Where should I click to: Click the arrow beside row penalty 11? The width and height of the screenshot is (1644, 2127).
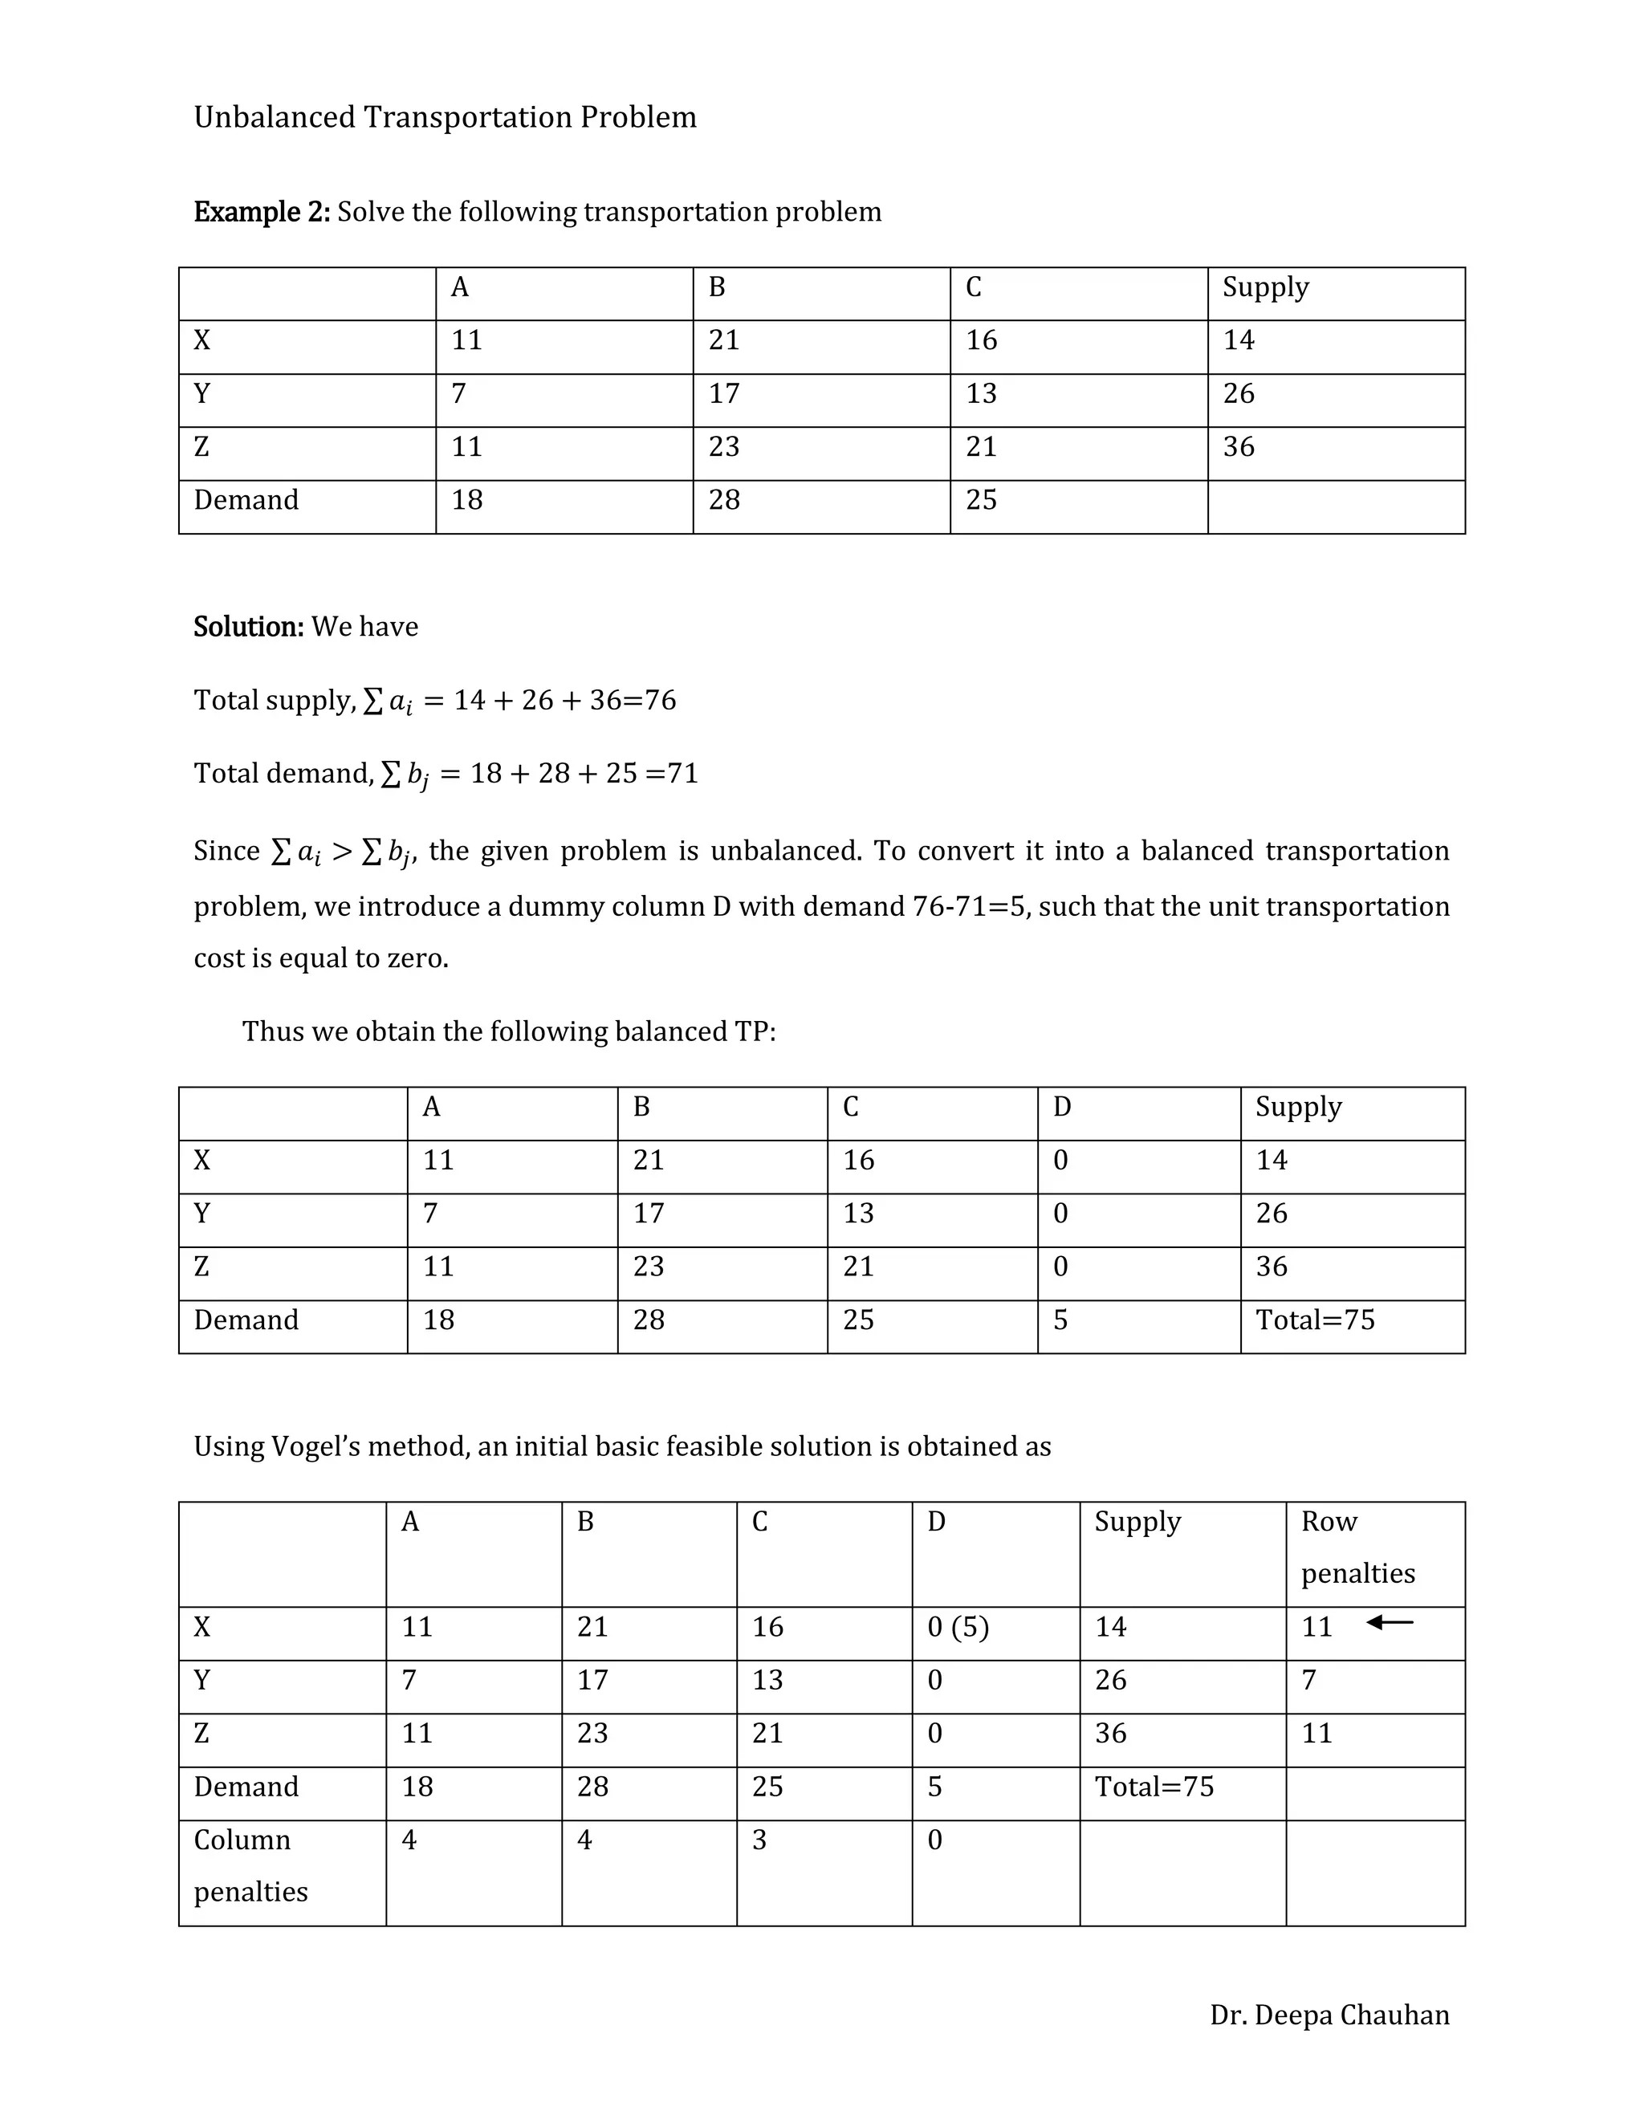pyautogui.click(x=1389, y=1622)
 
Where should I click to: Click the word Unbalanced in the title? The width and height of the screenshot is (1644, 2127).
pyautogui.click(x=275, y=117)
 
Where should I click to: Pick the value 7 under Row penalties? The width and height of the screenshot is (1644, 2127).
pyautogui.click(x=1309, y=1679)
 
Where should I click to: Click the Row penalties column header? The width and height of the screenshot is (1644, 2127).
pyautogui.click(x=1357, y=1547)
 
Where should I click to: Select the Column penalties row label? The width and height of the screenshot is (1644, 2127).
pyautogui.click(x=250, y=1865)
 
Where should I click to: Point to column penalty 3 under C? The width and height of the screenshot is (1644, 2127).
pyautogui.click(x=759, y=1839)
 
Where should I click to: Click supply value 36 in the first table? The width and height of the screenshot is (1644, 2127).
pyautogui.click(x=1239, y=447)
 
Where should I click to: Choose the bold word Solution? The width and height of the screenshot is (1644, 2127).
pyautogui.click(x=248, y=626)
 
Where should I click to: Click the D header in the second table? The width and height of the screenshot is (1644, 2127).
pyautogui.click(x=1061, y=1106)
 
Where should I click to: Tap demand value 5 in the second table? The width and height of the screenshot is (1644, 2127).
pyautogui.click(x=1060, y=1320)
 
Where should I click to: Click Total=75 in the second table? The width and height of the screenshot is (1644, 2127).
pyautogui.click(x=1315, y=1320)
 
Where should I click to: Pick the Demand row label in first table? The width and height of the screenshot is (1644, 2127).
pyautogui.click(x=246, y=499)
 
